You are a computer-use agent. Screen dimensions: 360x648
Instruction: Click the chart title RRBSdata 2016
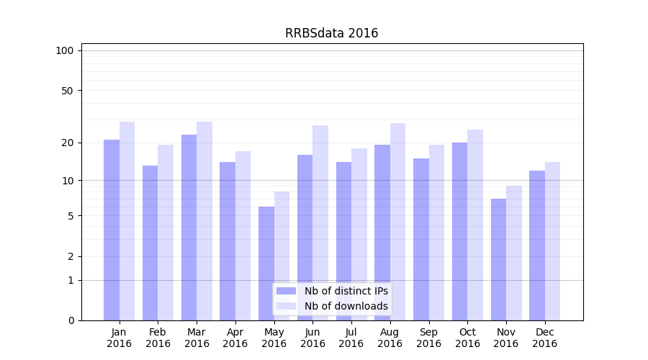(331, 33)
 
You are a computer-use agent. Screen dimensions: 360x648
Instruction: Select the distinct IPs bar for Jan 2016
(112, 230)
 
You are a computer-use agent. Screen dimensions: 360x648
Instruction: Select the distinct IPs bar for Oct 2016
(459, 231)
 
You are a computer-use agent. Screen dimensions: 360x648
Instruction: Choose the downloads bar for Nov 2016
(514, 253)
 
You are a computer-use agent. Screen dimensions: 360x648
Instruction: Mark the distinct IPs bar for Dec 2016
(537, 246)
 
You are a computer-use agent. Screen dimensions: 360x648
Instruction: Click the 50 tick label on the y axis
(67, 91)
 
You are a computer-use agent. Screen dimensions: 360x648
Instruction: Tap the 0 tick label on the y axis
(71, 320)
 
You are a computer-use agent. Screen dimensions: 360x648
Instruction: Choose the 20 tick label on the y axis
(67, 143)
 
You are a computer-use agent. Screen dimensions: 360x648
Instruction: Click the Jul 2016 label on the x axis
(351, 338)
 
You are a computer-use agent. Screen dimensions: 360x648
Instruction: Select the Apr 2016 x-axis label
(235, 338)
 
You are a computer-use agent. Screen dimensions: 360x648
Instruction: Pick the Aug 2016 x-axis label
(390, 338)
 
